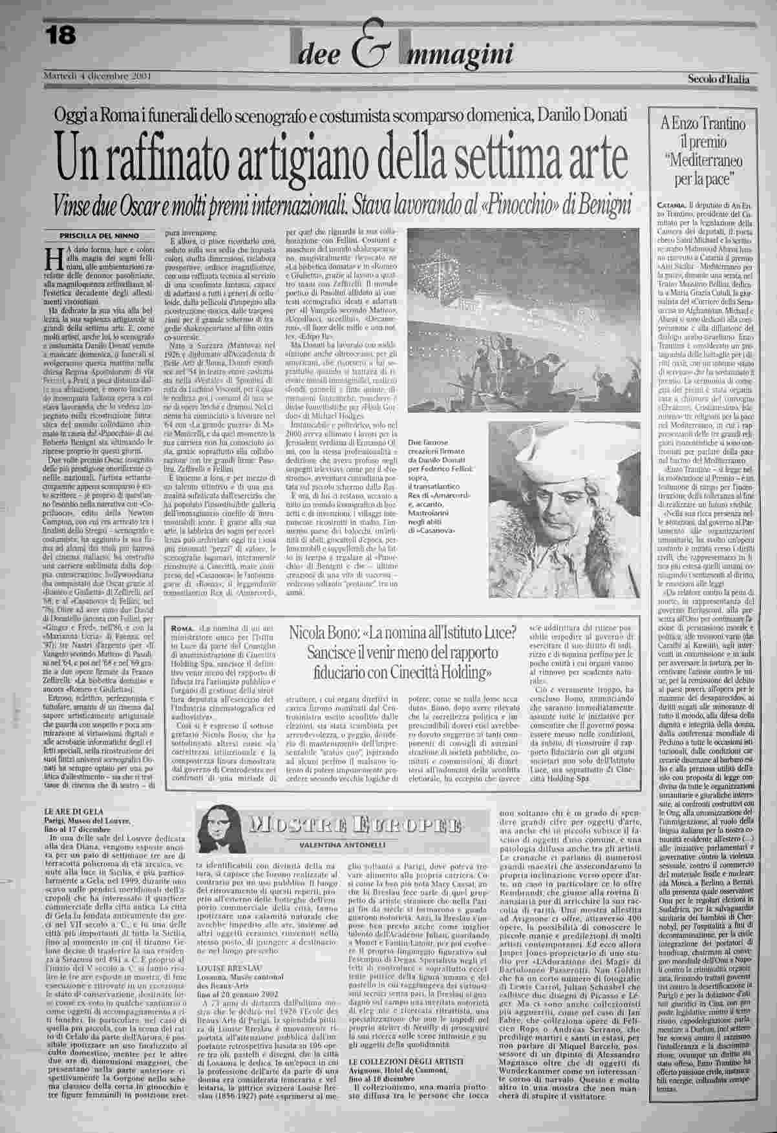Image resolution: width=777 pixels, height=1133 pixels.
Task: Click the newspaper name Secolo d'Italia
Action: point(717,79)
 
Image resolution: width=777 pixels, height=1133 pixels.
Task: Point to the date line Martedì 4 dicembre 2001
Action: point(96,76)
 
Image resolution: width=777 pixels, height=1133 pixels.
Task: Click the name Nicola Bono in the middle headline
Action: point(324,634)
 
